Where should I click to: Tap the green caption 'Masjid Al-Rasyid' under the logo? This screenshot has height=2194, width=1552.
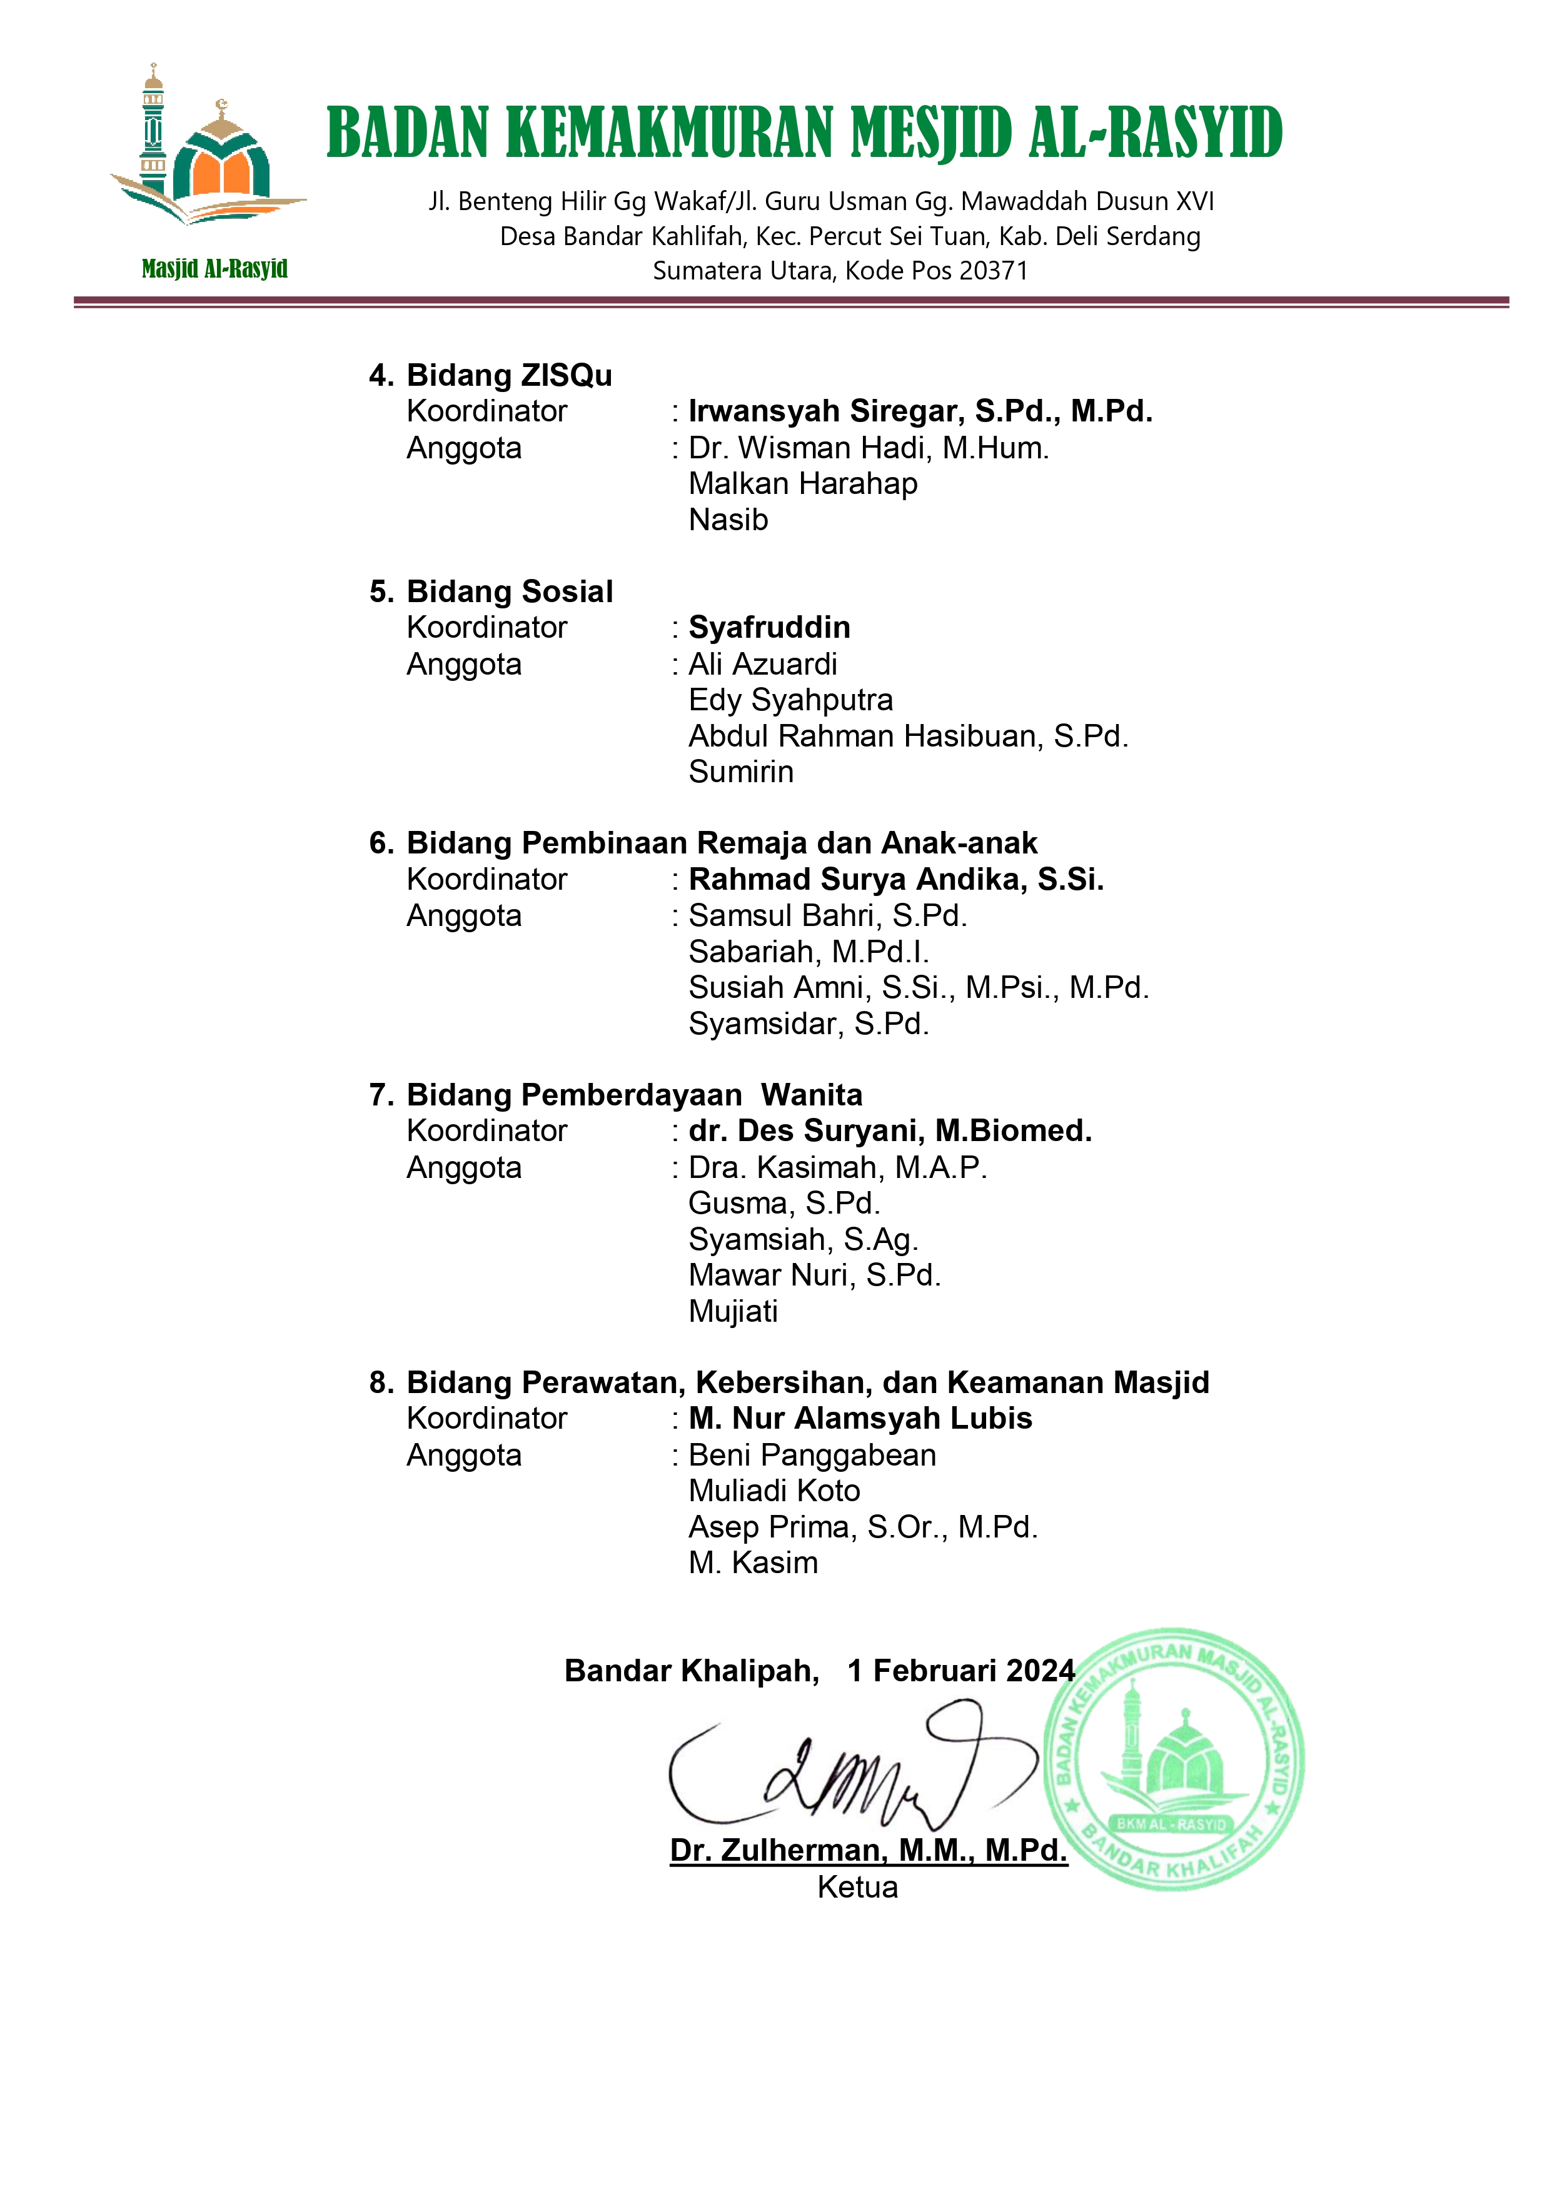click(x=214, y=268)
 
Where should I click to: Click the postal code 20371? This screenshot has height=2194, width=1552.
click(x=993, y=271)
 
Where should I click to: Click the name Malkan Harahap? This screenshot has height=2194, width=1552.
click(x=803, y=483)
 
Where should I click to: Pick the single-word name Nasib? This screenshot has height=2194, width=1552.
click(x=728, y=520)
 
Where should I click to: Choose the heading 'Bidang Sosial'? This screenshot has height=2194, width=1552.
click(x=510, y=591)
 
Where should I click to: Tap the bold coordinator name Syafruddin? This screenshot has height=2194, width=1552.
click(x=769, y=628)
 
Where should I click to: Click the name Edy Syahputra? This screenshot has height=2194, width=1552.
click(x=790, y=700)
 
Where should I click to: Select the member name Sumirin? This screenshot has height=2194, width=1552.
click(x=740, y=772)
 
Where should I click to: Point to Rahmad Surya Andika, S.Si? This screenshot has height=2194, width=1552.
click(x=895, y=879)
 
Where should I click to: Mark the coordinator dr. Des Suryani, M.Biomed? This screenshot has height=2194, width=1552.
click(x=890, y=1130)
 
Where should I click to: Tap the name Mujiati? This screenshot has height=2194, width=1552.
click(x=733, y=1311)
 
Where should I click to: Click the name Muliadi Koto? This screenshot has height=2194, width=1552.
click(x=774, y=1491)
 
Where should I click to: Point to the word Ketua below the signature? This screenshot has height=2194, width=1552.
click(x=857, y=1887)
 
